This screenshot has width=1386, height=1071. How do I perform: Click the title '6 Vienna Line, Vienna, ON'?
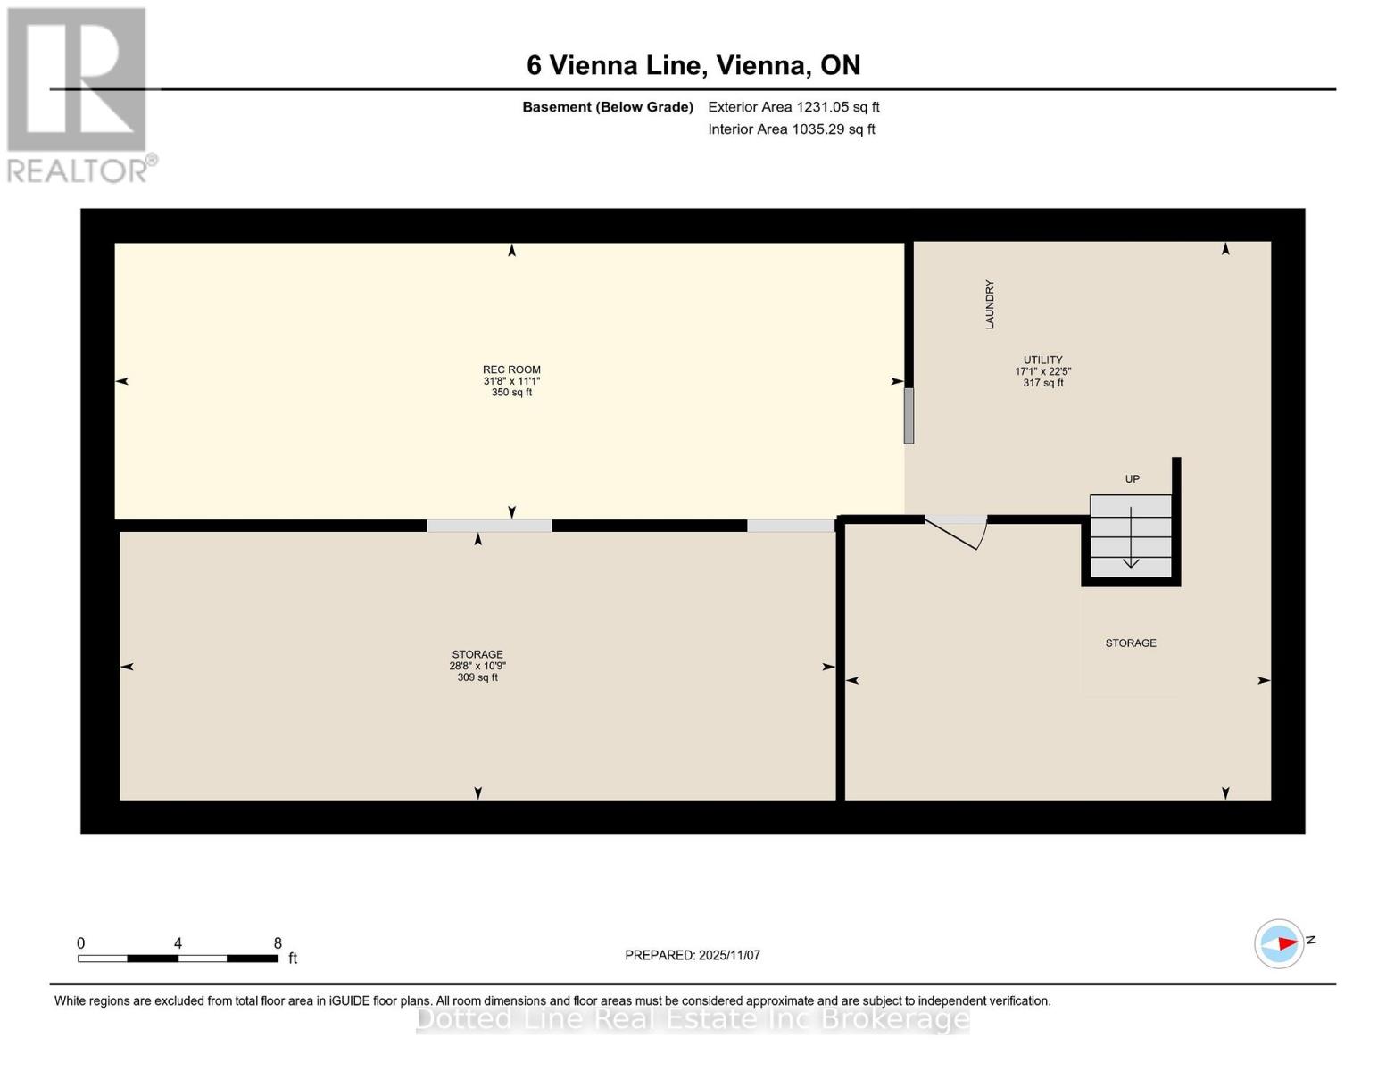click(693, 65)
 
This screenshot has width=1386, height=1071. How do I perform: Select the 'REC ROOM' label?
click(511, 369)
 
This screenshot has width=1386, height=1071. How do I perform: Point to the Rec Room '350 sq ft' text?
click(511, 393)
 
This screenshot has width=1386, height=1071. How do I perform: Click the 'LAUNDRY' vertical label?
click(990, 304)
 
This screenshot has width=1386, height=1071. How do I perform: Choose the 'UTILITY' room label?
click(1042, 360)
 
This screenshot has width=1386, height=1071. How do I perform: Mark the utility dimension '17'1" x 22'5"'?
click(1042, 371)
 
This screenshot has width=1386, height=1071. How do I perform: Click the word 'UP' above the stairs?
click(1132, 479)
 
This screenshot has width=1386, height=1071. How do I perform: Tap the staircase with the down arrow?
click(1131, 536)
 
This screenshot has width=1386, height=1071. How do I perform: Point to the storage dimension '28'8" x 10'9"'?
click(477, 666)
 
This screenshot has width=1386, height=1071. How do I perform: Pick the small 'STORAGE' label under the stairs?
click(1131, 643)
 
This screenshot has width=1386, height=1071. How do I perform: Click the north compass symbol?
click(1280, 943)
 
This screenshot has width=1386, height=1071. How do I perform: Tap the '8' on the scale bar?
click(278, 943)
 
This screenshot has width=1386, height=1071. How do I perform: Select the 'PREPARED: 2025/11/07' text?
click(693, 955)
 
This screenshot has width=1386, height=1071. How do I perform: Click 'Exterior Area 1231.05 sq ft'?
click(793, 107)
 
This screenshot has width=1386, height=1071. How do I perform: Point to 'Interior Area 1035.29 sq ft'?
click(792, 129)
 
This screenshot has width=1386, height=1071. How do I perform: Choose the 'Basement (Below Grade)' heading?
click(608, 107)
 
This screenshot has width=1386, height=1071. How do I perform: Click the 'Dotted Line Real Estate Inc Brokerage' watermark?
click(693, 1019)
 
